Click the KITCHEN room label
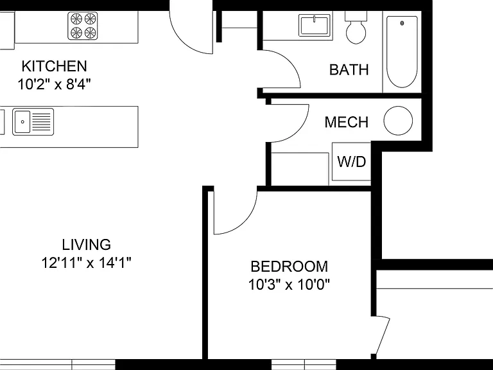click(x=55, y=66)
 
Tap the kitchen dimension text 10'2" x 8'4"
click(x=55, y=84)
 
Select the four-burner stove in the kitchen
click(x=83, y=26)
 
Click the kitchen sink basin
click(x=22, y=122)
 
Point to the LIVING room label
click(x=86, y=245)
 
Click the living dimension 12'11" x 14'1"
click(x=86, y=262)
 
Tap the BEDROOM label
click(x=290, y=267)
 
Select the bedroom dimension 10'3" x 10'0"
click(x=290, y=285)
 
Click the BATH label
click(x=349, y=69)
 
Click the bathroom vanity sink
click(x=315, y=26)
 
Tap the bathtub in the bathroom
click(x=402, y=52)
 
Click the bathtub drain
click(x=402, y=23)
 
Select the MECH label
click(x=347, y=122)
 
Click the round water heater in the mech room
click(x=398, y=121)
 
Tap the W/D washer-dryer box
click(x=352, y=162)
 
